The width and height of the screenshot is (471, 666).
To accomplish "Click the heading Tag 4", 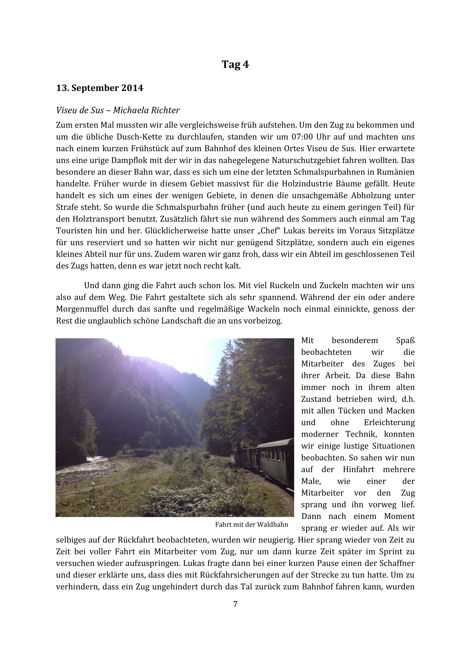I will point(235,64).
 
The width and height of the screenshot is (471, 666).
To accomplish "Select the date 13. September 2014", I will point(99,88).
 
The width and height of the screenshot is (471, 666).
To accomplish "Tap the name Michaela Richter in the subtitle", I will point(146,110).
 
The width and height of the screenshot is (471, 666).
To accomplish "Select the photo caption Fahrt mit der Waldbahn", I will point(251,524).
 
